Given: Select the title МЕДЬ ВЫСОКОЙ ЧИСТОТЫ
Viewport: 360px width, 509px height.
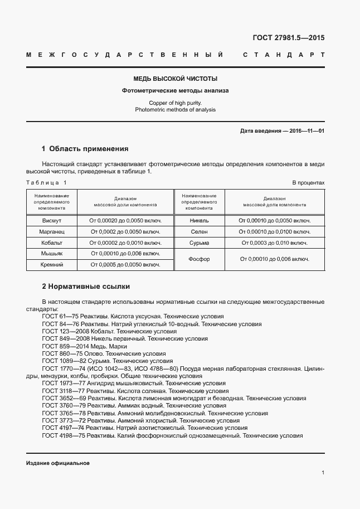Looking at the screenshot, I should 175,79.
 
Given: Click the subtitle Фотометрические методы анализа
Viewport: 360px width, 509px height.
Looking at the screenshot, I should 175,90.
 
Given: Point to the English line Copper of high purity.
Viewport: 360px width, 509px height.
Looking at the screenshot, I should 175,103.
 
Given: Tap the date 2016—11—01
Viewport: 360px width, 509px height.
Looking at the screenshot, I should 305,131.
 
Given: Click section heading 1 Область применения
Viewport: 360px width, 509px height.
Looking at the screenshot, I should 85,149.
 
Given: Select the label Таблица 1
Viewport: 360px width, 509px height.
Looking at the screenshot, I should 46,183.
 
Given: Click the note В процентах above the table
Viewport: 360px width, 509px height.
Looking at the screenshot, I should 308,183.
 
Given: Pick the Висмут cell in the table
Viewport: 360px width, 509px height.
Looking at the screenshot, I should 51,221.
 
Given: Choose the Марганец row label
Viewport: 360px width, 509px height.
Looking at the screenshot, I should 51,231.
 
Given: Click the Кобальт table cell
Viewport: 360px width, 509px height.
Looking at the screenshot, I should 51,243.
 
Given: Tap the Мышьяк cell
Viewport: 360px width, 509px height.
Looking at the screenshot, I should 51,254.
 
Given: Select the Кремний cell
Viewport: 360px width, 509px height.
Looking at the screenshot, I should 51,264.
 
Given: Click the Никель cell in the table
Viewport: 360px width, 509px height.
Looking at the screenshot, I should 200,221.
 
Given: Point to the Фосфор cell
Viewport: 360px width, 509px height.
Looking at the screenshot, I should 200,259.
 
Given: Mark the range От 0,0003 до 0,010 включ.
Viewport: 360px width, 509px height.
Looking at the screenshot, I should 274,243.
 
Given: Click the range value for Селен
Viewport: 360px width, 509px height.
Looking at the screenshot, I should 274,231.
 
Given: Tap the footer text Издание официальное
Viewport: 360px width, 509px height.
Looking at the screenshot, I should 57,464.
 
